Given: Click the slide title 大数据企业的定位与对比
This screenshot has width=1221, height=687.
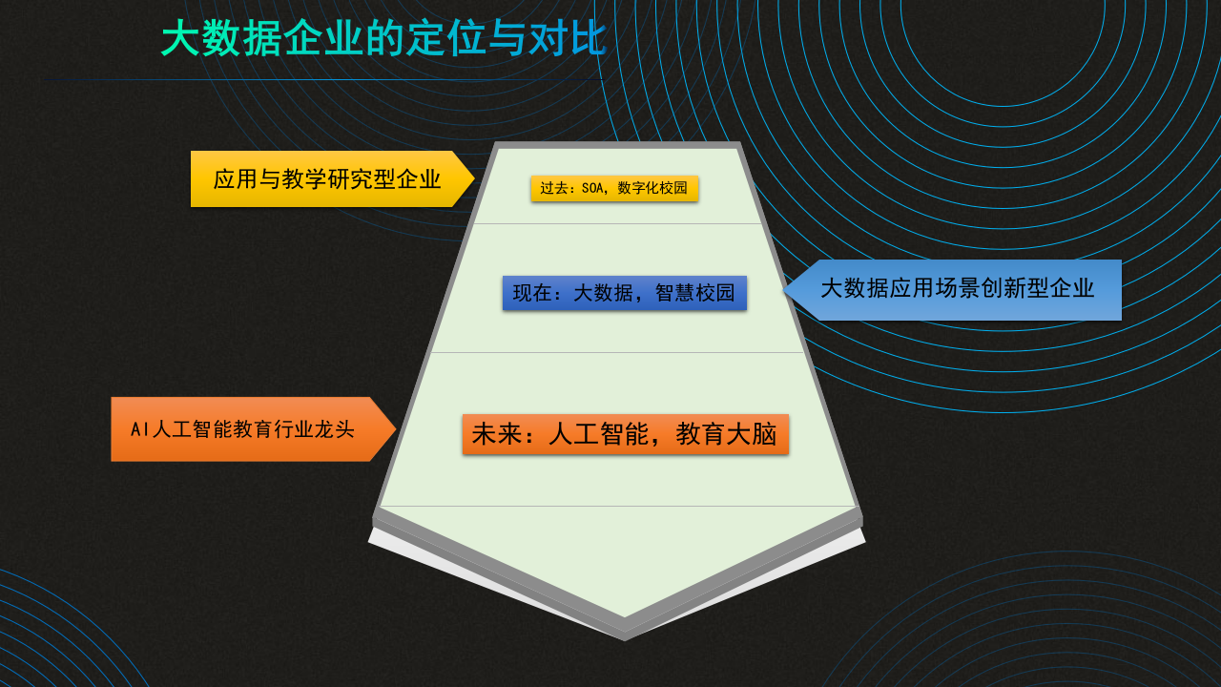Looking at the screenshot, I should pyautogui.click(x=383, y=39).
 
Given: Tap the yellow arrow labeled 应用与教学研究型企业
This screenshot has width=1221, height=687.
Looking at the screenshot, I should pyautogui.click(x=326, y=179).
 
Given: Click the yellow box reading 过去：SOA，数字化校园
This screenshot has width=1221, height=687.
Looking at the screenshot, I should pyautogui.click(x=614, y=189).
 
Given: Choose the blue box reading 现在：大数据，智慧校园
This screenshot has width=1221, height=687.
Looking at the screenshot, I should pyautogui.click(x=625, y=293).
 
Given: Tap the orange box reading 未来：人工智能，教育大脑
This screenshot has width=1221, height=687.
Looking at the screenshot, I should pyautogui.click(x=626, y=434).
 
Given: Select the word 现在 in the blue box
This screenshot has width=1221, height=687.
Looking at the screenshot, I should pyautogui.click(x=532, y=293).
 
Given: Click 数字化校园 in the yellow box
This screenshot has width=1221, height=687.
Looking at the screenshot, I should pyautogui.click(x=652, y=189).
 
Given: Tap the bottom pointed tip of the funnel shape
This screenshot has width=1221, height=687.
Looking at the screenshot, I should pyautogui.click(x=625, y=636).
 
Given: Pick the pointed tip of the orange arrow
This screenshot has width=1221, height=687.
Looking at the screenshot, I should pyautogui.click(x=394, y=429).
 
